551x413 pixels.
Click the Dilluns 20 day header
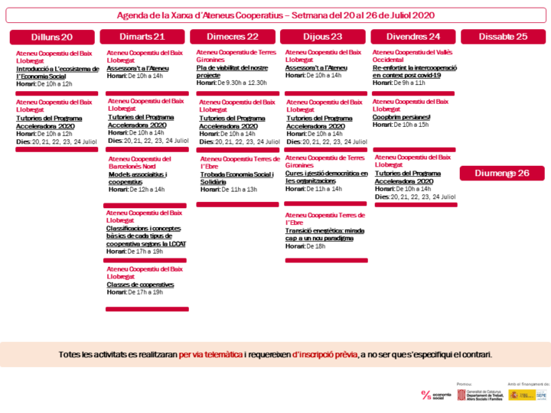tap(52, 37)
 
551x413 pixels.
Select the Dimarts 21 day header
tap(142, 37)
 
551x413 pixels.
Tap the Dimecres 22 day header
tap(233, 37)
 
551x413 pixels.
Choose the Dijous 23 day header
tap(323, 37)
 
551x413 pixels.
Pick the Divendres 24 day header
tap(413, 37)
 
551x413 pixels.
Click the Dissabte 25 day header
tap(503, 37)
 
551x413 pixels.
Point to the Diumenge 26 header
tap(502, 173)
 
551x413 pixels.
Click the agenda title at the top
tap(275, 15)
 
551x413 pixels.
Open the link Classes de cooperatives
tap(140, 285)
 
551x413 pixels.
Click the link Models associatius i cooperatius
tap(138, 178)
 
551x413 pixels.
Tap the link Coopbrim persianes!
tap(402, 117)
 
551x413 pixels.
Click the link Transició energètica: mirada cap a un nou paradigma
tap(324, 234)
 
